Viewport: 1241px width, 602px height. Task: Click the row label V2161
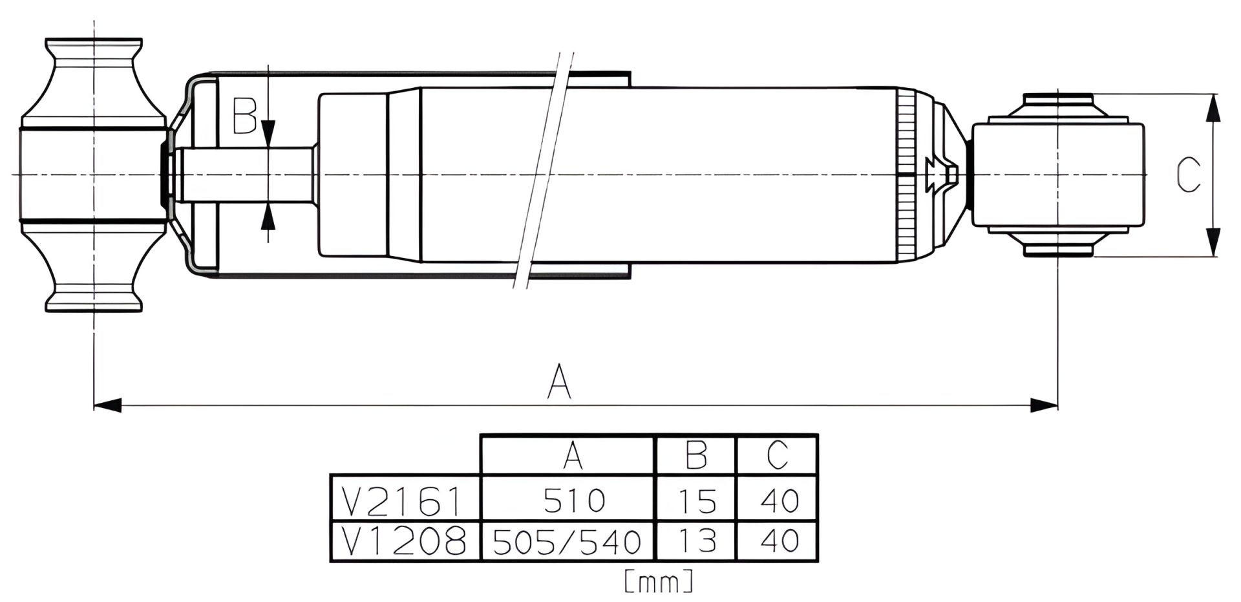pos(403,500)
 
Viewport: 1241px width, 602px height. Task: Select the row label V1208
pos(403,541)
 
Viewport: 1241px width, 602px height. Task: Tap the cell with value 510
pos(574,500)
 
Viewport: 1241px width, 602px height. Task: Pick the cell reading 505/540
pos(567,541)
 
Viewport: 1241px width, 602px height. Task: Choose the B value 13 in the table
pos(697,541)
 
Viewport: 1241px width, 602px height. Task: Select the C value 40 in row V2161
pos(780,500)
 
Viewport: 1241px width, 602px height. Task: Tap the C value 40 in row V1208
pos(780,541)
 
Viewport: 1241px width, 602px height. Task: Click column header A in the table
pos(573,455)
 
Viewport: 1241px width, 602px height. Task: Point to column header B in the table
pos(696,455)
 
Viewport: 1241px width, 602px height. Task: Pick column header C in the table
pos(778,455)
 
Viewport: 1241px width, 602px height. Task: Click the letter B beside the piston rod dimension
pos(245,116)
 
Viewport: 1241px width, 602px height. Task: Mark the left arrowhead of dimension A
pos(107,405)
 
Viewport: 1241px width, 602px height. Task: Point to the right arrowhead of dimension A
pos(1044,405)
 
